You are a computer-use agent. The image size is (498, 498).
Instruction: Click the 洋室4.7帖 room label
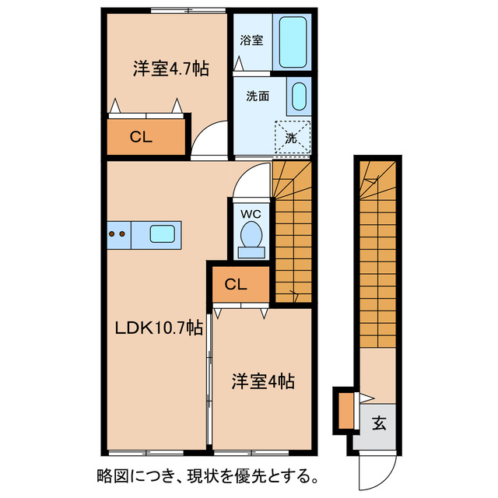pyautogui.click(x=170, y=68)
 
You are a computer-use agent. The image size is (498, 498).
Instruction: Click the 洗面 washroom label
pyautogui.click(x=258, y=96)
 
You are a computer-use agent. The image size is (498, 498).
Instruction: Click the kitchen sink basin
pyautogui.click(x=163, y=233)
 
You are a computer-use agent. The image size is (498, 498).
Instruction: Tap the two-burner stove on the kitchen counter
pyautogui.click(x=117, y=233)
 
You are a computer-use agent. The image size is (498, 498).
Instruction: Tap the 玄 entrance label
pyautogui.click(x=379, y=424)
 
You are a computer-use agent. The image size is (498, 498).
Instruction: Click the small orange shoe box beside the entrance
pyautogui.click(x=345, y=412)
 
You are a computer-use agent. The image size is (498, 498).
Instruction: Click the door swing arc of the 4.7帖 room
pyautogui.click(x=207, y=142)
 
